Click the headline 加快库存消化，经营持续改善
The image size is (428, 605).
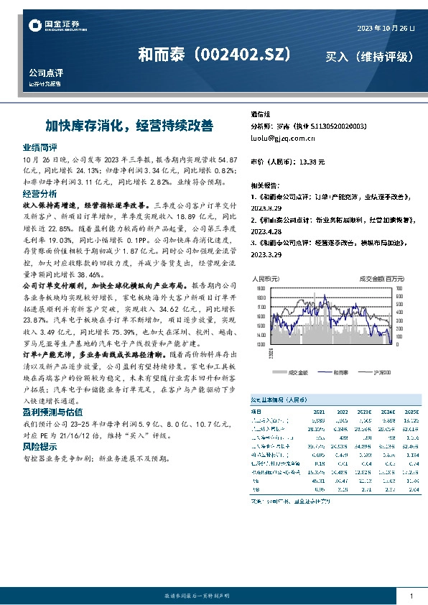tap(129, 125)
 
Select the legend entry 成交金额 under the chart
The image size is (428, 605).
tap(297, 372)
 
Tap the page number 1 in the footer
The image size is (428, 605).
tap(411, 597)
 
